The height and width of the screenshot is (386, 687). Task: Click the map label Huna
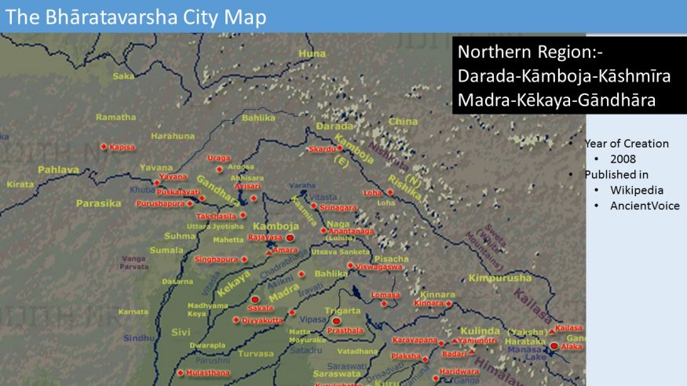pos(312,53)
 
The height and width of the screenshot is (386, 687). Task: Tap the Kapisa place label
pos(122,147)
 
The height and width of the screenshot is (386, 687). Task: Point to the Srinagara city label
pos(338,208)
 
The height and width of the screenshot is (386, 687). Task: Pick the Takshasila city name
pos(216,215)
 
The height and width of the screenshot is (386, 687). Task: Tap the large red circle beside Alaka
pos(554,346)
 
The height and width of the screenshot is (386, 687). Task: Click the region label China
pos(403,122)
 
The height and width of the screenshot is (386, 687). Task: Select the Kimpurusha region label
pos(499,278)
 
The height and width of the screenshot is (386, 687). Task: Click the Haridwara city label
pos(459,371)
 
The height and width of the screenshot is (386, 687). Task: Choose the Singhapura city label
pos(216,259)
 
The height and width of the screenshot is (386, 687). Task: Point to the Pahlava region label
pos(58,169)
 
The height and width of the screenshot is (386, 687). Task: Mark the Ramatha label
pos(115,117)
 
